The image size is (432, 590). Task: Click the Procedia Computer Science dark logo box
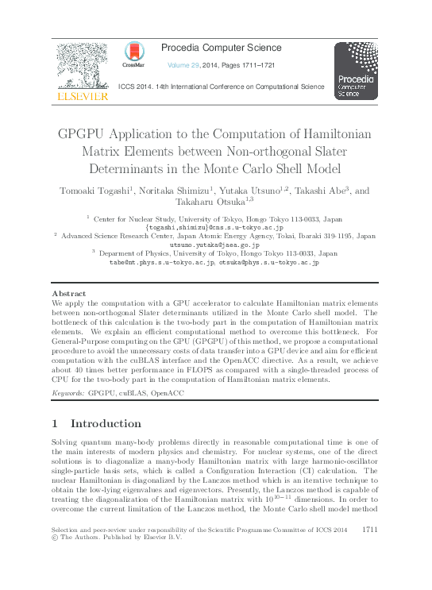pos(355,71)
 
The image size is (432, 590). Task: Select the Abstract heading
pos(68,294)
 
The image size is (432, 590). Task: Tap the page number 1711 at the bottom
pos(368,529)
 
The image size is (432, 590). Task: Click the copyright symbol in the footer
pos(55,538)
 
